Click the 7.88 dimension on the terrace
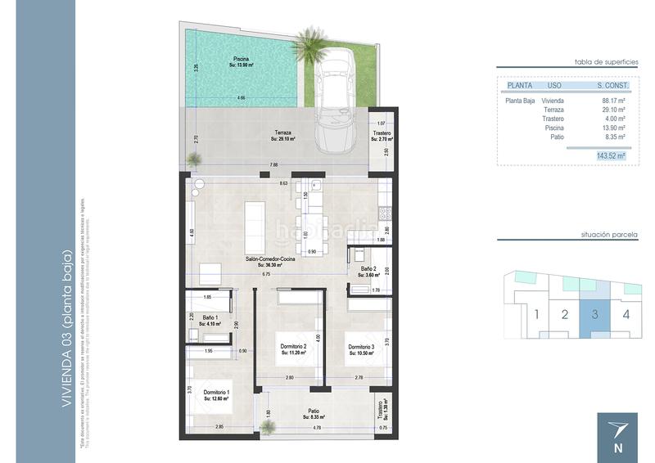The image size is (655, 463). click(271, 166)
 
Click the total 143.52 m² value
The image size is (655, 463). click(611, 155)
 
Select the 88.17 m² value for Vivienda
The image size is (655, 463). click(613, 100)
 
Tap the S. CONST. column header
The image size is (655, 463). click(612, 84)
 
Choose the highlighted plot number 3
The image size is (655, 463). click(595, 313)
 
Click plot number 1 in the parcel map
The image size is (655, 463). click(536, 313)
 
